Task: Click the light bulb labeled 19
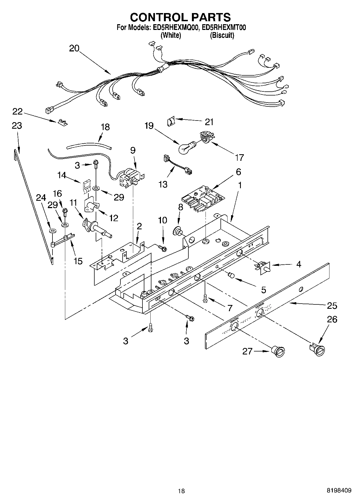coord(186,147)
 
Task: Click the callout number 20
coord(74,48)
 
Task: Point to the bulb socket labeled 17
coord(206,137)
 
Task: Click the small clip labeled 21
coord(171,120)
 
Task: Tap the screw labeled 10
coord(162,247)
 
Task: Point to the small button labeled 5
coord(231,275)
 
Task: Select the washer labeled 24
coord(52,231)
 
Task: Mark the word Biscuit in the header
coord(222,35)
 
